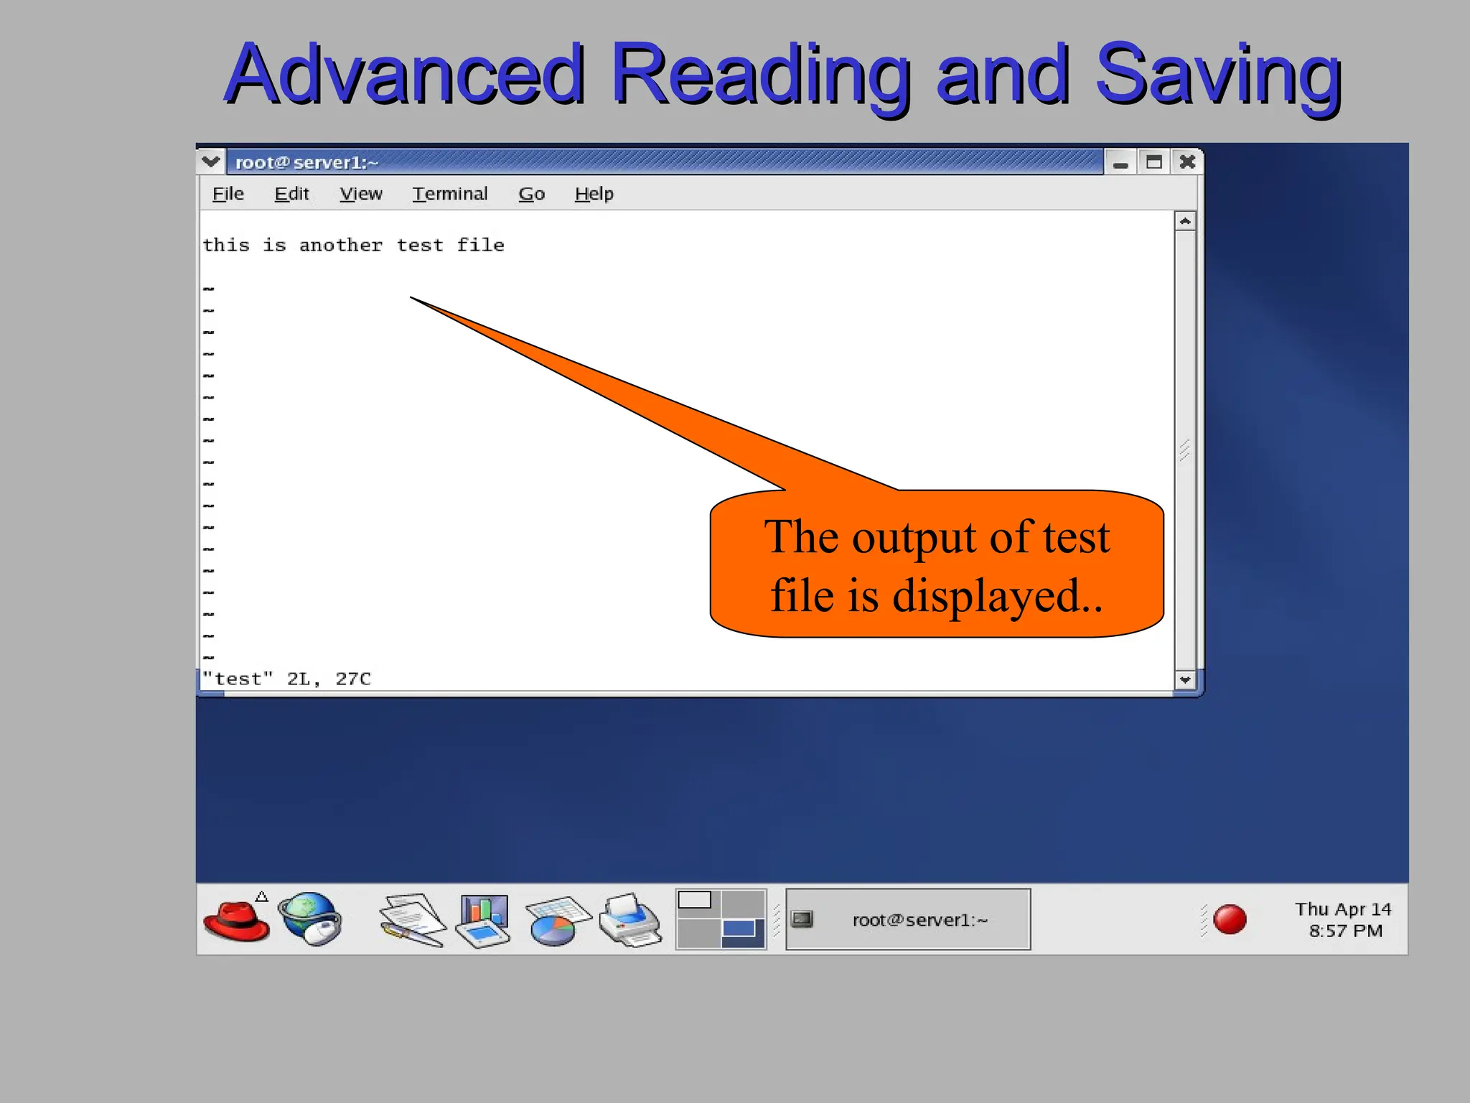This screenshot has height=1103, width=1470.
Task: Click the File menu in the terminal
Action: (228, 194)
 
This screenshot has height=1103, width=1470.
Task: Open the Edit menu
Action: (291, 194)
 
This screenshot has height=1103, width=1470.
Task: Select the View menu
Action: (361, 194)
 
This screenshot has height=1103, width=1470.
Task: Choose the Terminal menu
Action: (450, 194)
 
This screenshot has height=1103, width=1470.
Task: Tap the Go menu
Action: (532, 194)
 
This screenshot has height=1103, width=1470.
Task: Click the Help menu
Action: (594, 194)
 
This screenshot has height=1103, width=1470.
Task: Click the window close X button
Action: (1187, 162)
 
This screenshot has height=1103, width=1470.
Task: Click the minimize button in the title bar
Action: (1120, 163)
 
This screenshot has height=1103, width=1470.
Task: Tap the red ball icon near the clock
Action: (1230, 920)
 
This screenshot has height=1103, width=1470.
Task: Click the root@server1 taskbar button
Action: (908, 920)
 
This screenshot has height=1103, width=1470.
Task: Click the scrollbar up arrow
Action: (1185, 221)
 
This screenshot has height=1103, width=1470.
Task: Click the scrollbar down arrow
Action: (1185, 679)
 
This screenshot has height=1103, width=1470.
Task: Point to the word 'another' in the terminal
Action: (341, 246)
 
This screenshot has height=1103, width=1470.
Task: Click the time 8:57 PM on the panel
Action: (1346, 931)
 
